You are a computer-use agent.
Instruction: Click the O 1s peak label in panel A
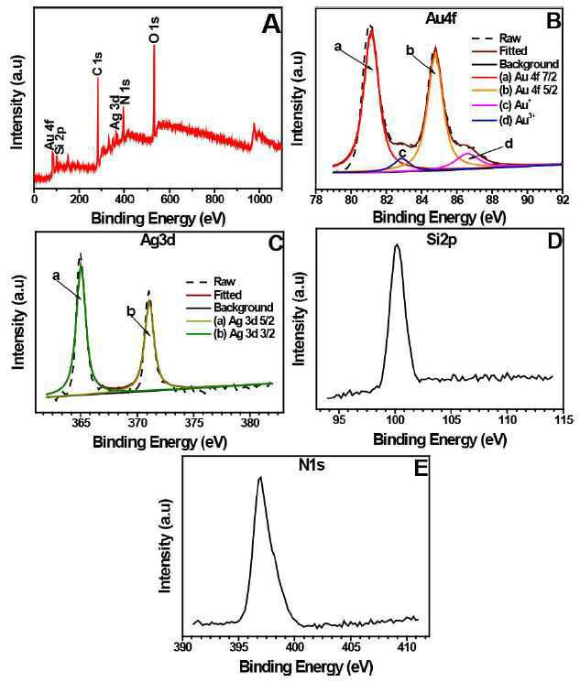tap(154, 29)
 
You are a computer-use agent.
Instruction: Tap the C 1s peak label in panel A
tap(97, 63)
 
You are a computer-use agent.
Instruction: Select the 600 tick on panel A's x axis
tap(170, 200)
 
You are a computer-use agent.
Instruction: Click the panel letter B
tap(553, 20)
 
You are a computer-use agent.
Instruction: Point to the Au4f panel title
tap(441, 18)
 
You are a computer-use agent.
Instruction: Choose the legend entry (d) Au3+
tap(517, 121)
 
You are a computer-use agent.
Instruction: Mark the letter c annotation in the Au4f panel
tap(402, 153)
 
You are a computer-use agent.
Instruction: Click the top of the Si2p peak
tap(396, 244)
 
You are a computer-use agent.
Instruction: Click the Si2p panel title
tap(440, 238)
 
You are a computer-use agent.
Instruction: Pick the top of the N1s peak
tap(260, 478)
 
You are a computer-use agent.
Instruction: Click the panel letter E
tap(421, 469)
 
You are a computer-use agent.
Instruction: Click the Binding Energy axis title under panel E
tap(306, 666)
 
